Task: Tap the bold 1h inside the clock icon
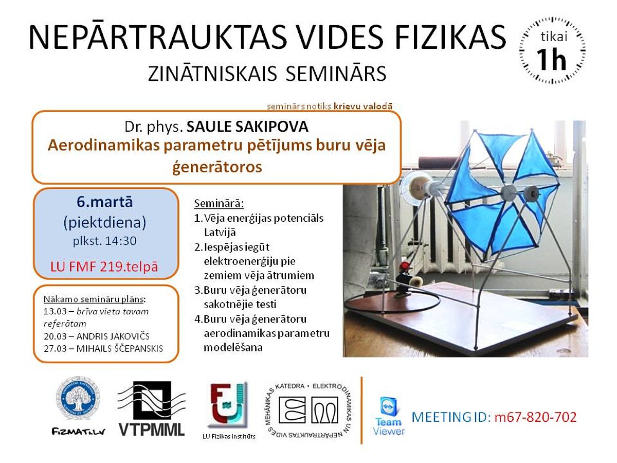[x=551, y=59]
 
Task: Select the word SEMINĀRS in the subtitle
[x=336, y=74]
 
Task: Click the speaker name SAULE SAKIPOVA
[x=247, y=127]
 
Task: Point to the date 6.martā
[x=104, y=202]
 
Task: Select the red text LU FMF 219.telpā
[x=104, y=266]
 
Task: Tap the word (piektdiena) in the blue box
[x=104, y=223]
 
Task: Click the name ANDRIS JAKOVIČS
[x=113, y=336]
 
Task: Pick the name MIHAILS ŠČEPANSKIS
[x=119, y=349]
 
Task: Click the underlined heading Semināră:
[x=219, y=203]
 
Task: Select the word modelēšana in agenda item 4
[x=233, y=347]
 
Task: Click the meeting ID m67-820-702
[x=535, y=417]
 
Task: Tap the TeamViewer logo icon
[x=389, y=406]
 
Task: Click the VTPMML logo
[x=152, y=409]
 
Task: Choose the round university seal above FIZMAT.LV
[x=78, y=398]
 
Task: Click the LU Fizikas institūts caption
[x=229, y=436]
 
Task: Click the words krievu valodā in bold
[x=362, y=106]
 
